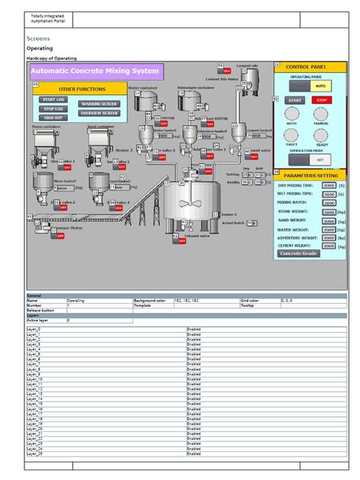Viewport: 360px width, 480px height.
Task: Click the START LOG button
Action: coord(53,99)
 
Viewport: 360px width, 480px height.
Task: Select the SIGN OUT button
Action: coord(53,117)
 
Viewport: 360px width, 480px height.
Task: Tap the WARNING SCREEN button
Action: coord(99,103)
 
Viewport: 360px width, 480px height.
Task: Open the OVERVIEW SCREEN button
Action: coord(99,112)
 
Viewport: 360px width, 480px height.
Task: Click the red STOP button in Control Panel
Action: coord(322,100)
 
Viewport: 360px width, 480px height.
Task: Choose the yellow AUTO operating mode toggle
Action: coord(321,87)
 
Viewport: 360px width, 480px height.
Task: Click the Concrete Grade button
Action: coord(298,254)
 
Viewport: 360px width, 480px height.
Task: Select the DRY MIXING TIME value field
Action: coord(329,185)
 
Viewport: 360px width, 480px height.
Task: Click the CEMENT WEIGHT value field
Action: coord(329,245)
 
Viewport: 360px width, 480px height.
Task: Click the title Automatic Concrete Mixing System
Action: coord(96,71)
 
